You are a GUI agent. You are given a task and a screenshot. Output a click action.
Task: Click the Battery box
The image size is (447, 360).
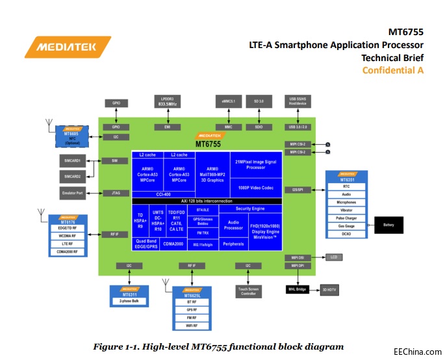tap(389, 225)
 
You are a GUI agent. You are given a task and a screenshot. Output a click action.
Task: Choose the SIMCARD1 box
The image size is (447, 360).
tap(73, 161)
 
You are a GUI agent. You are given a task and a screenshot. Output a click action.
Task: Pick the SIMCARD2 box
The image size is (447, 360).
tap(73, 177)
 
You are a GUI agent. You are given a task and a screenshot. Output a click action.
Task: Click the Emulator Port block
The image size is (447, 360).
tap(73, 193)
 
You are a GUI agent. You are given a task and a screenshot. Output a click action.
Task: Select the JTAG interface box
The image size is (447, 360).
tap(115, 193)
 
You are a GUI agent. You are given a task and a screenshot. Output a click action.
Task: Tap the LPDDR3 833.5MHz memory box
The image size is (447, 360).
tap(168, 102)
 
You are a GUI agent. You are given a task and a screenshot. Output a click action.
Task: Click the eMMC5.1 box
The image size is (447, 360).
tap(229, 102)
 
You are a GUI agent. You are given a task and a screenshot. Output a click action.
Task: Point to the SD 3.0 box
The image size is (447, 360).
tap(259, 102)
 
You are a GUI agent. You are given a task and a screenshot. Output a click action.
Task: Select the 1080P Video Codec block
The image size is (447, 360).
tap(255, 188)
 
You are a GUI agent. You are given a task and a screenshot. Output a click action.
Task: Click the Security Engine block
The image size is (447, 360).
tap(250, 209)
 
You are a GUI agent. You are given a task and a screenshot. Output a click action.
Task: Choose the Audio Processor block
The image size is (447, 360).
tap(233, 225)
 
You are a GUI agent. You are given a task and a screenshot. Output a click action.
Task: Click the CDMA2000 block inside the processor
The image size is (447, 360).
tap(174, 244)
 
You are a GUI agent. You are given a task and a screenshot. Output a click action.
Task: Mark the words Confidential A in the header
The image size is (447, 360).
tap(392, 70)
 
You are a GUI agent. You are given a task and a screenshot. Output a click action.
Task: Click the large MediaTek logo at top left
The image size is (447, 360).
tap(67, 47)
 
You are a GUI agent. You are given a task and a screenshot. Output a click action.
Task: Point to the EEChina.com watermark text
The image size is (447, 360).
tap(417, 348)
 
